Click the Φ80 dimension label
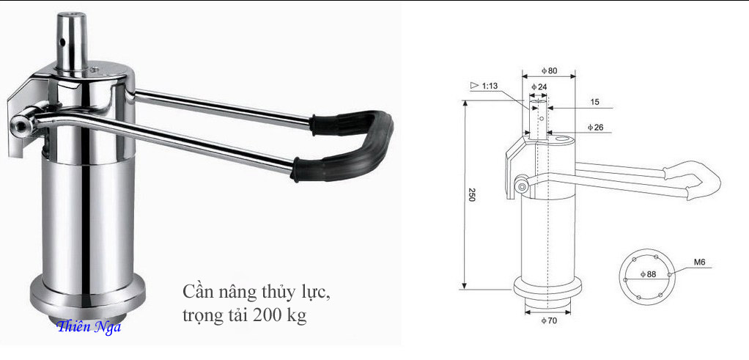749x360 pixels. [550, 70]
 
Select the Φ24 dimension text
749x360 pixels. [539, 87]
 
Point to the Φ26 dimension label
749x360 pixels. [595, 128]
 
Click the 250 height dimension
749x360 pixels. [471, 196]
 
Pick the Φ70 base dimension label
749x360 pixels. [550, 322]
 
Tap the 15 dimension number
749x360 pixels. [594, 102]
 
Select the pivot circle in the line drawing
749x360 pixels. [521, 186]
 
